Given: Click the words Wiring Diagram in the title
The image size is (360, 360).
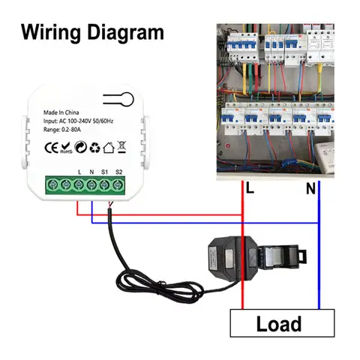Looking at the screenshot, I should coord(91,32).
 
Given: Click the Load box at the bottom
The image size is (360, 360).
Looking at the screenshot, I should coord(278,324).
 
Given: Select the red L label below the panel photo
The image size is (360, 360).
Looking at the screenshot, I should coord(250,190).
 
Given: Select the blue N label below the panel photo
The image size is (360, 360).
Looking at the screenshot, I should coord(310,190).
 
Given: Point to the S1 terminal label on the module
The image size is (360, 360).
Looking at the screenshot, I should coord(105,172).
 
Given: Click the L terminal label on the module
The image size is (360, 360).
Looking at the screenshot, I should coord(79,172).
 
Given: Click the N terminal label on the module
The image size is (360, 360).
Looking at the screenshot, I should coord(91,172).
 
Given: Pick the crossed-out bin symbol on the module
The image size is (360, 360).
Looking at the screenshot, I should coord(123,148).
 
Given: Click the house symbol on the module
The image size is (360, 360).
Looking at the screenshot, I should coord(109,148).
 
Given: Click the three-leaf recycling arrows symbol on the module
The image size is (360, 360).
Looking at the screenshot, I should coord(95,148).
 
